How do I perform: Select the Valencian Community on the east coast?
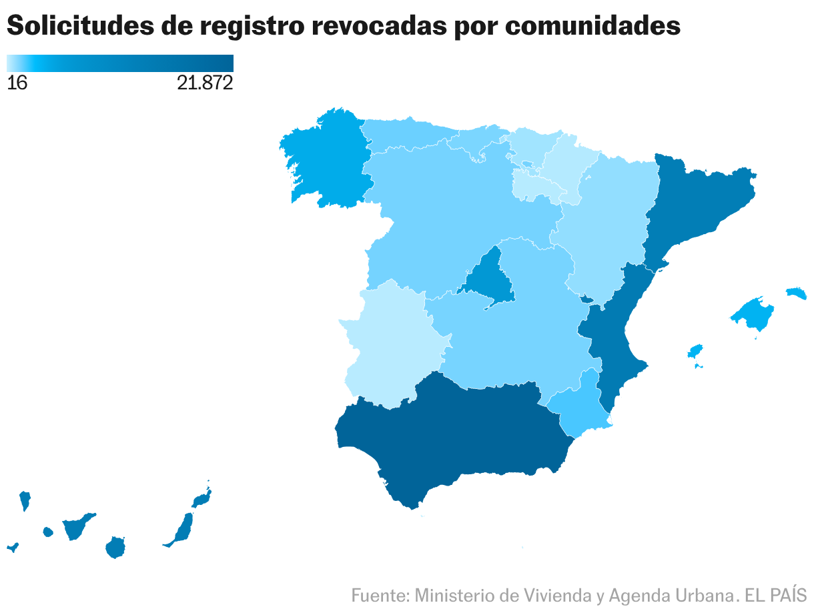[614, 334]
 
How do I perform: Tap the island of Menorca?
[796, 293]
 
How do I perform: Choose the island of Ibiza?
[695, 351]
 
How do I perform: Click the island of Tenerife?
[77, 527]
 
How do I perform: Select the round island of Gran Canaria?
[115, 548]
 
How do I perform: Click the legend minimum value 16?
[17, 83]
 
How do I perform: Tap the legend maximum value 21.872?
[205, 83]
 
